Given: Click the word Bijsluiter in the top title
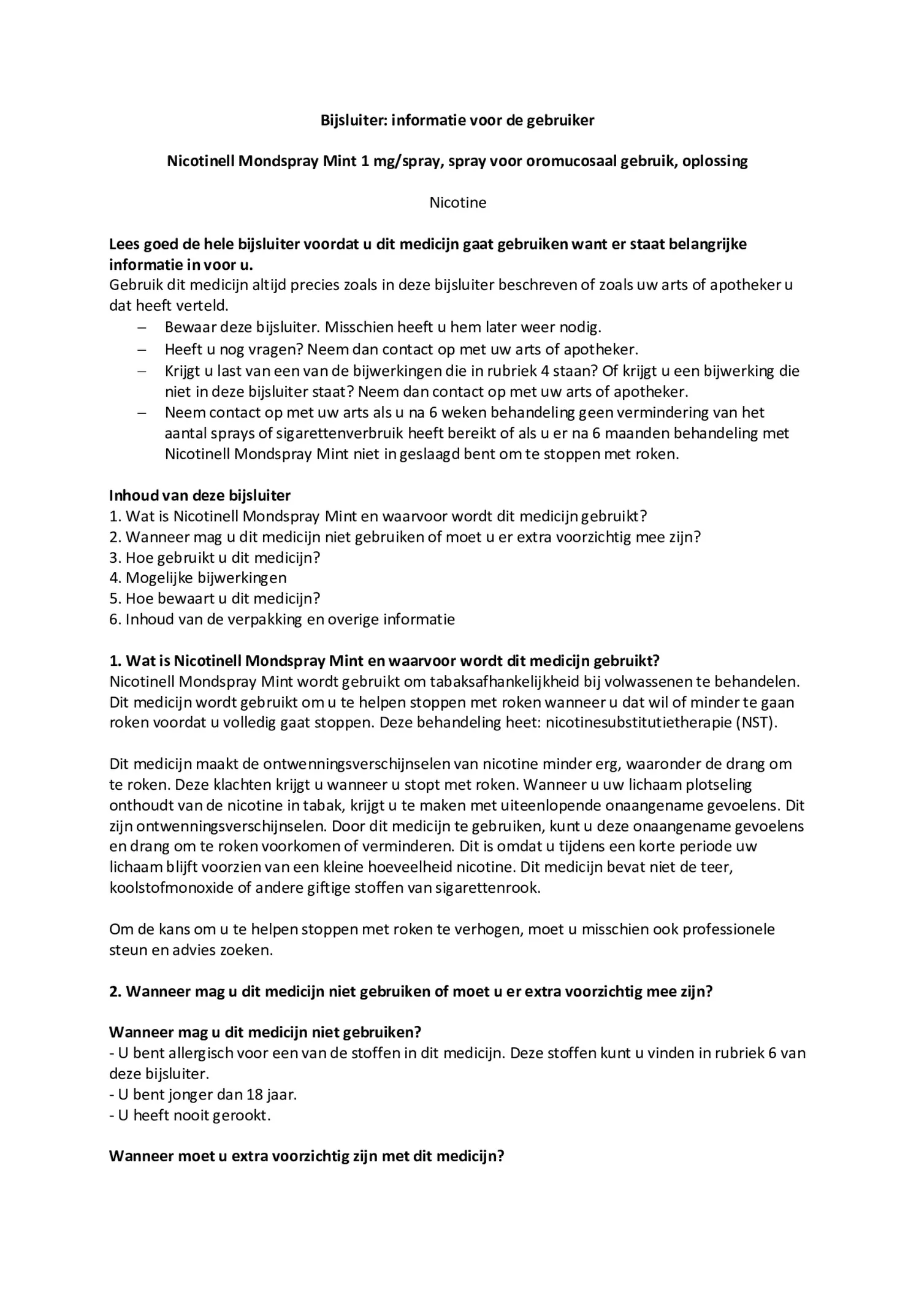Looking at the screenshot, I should coord(354,120).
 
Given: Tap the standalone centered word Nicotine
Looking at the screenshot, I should coord(457,202).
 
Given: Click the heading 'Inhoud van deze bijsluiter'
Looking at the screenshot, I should coord(200,495).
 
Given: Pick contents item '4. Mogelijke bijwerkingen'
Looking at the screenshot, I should coord(197,578).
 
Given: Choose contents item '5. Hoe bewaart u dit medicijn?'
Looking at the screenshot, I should coord(215,598).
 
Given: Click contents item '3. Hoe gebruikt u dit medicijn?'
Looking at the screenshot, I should coord(215,557).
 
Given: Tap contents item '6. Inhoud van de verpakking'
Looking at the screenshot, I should coord(282,619).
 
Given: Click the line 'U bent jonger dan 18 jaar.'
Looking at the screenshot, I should coord(203,1094).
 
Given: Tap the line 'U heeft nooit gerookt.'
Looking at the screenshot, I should coord(190,1115).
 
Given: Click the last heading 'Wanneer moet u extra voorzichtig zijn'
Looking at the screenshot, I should coord(306,1156).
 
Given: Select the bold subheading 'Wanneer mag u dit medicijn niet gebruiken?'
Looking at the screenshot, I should coord(265,1033).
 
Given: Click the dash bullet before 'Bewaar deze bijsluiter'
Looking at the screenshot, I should coord(142,328).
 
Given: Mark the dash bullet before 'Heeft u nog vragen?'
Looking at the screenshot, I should coord(142,350).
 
